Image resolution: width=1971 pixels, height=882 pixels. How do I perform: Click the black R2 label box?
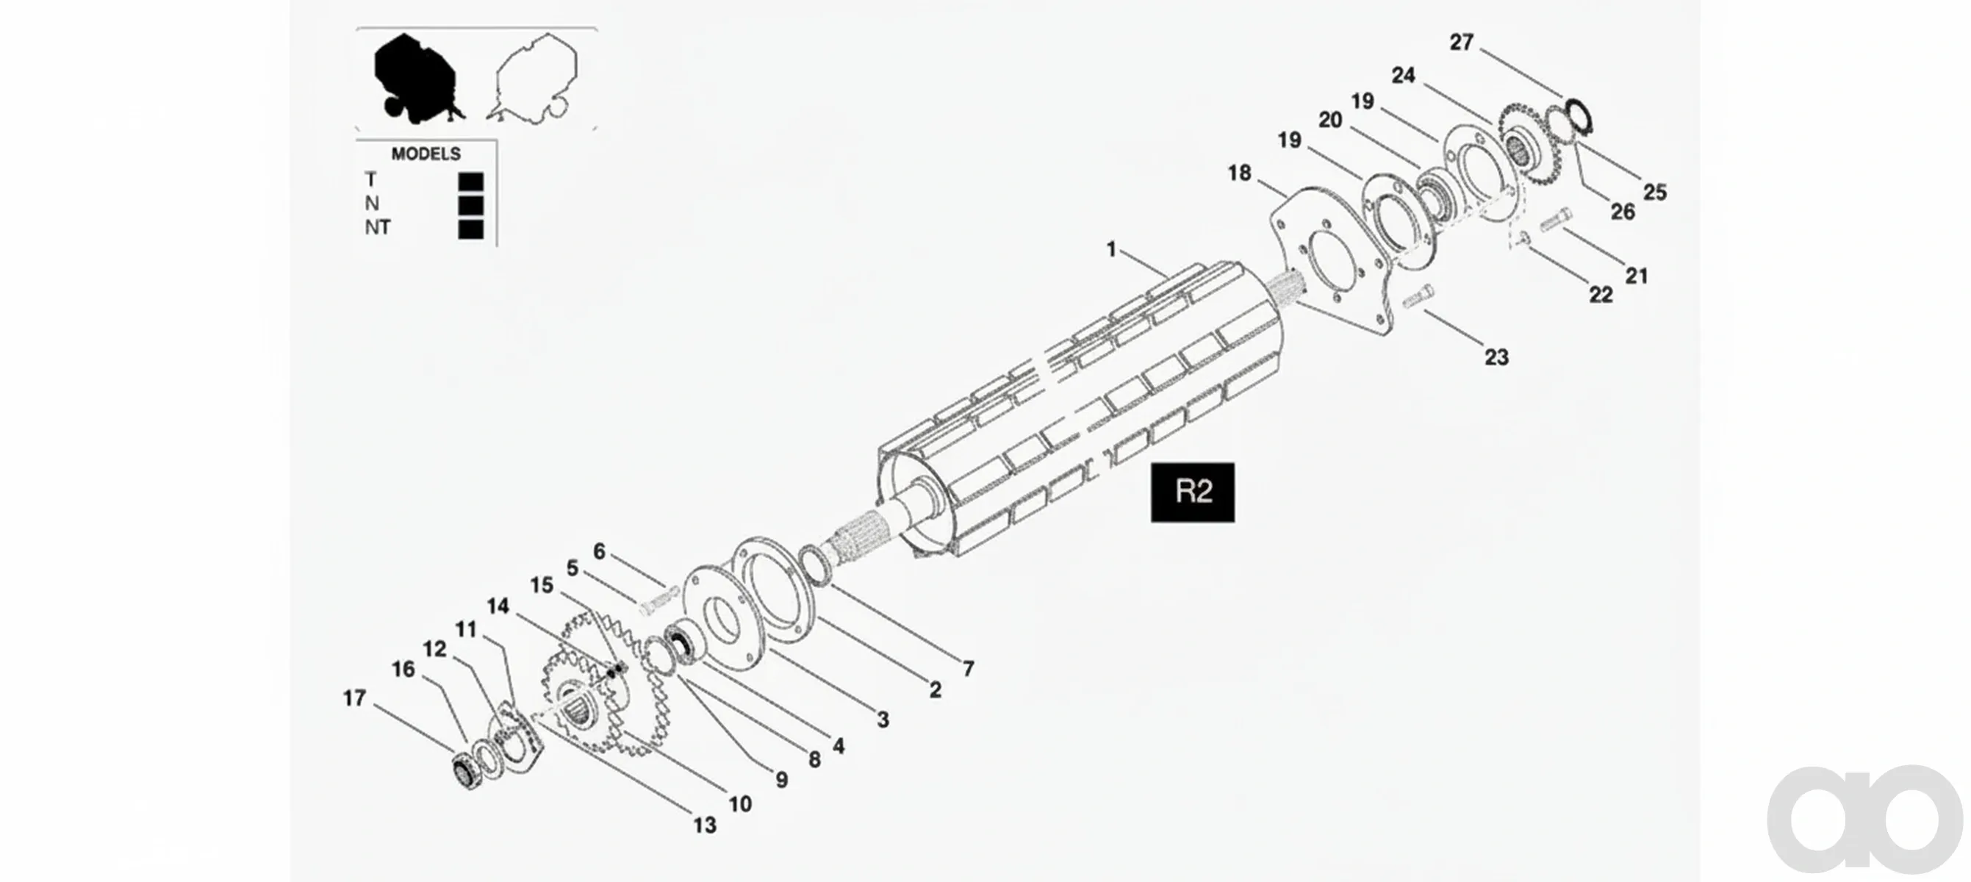click(1192, 492)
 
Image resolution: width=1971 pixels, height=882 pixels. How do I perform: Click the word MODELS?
click(426, 154)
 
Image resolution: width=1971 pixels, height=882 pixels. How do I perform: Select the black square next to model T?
click(470, 182)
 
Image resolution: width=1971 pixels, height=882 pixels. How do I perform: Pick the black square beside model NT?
click(470, 229)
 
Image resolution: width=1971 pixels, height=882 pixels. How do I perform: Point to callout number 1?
click(1111, 248)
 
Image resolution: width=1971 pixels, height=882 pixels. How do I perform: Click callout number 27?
click(1462, 42)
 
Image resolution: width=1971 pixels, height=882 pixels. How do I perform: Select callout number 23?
click(1496, 356)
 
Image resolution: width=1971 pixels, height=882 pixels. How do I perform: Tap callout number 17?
click(354, 698)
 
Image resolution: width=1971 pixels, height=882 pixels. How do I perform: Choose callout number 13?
click(705, 825)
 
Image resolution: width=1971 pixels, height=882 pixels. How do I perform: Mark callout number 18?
click(1240, 173)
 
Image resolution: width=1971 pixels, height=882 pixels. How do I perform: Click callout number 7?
click(969, 669)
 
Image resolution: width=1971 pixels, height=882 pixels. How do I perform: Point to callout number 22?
click(1601, 295)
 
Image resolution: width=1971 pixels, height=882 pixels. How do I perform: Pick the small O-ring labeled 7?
click(814, 565)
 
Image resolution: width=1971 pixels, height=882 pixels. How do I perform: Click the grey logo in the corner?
click(1867, 819)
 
